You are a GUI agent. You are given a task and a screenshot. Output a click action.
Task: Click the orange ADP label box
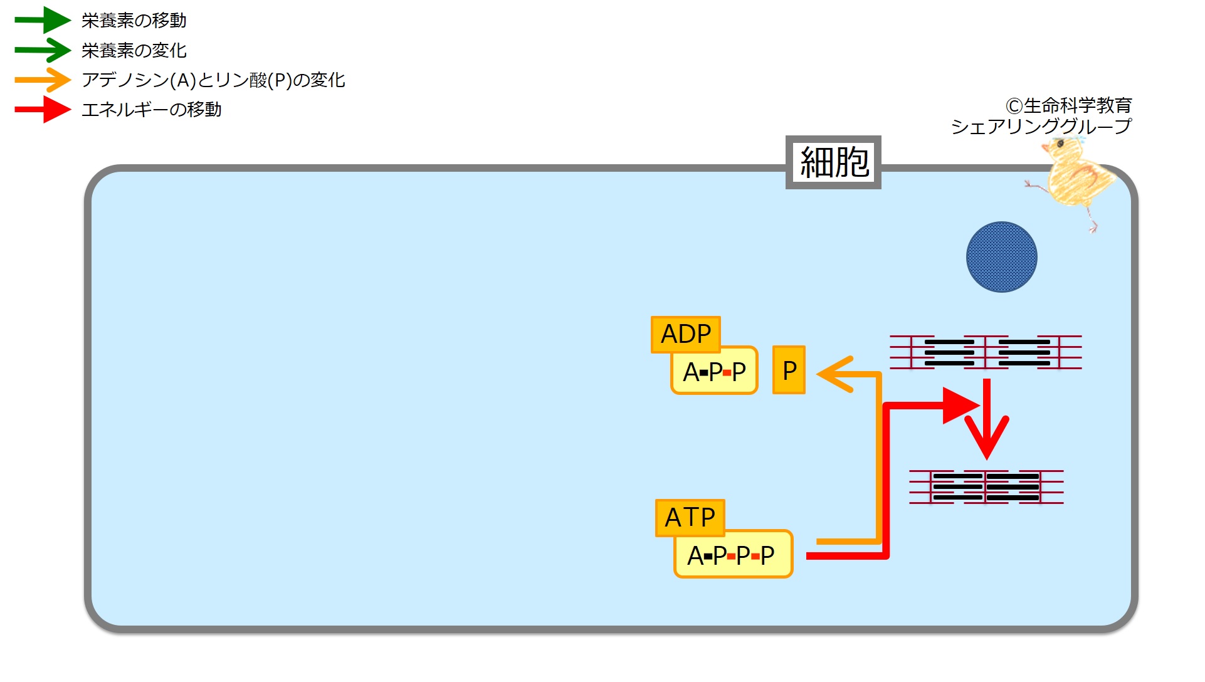click(685, 334)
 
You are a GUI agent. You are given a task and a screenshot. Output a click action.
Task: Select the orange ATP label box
click(690, 518)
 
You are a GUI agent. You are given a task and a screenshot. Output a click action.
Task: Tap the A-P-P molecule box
click(714, 371)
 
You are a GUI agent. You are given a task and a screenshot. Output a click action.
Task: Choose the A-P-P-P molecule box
click(733, 555)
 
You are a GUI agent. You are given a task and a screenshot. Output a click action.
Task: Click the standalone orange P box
click(789, 370)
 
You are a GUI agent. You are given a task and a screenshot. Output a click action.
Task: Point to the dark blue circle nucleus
click(1001, 257)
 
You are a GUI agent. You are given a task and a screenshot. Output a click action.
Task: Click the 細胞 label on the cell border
click(833, 162)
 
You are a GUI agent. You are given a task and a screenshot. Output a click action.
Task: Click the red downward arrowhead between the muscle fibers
click(987, 436)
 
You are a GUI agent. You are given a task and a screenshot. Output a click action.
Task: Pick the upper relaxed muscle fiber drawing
click(986, 352)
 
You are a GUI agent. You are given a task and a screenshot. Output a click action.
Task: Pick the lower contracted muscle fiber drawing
click(986, 487)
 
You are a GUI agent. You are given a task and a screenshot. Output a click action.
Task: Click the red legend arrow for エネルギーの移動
click(43, 110)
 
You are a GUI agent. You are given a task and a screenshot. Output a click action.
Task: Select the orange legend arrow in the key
click(43, 80)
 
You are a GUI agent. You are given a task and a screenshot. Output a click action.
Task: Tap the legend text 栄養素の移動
click(134, 21)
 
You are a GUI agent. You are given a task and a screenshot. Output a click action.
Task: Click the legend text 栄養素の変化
click(134, 51)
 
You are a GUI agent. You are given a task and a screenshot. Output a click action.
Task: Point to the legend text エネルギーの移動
click(151, 110)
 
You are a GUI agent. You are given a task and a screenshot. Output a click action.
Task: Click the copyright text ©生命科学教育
click(1068, 105)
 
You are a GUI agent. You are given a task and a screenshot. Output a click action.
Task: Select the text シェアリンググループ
click(1041, 127)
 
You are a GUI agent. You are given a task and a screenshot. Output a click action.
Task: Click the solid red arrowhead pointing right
click(959, 406)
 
